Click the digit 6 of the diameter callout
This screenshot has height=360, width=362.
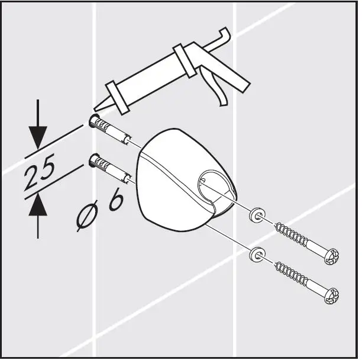(117, 201)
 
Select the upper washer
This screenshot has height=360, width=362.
(256, 214)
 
